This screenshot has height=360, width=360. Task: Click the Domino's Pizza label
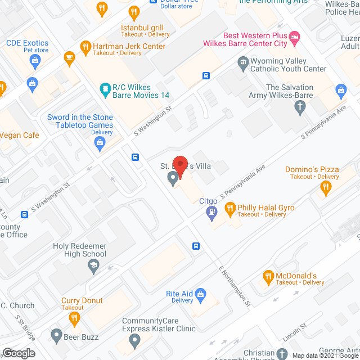312,169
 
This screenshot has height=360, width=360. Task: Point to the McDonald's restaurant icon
268,276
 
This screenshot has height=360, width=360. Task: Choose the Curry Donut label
82,300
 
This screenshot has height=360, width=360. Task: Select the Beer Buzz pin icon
56,335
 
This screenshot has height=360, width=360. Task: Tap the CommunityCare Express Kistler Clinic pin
134,340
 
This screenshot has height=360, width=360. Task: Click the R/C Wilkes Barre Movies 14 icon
105,88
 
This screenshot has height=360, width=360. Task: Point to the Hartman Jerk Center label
129,46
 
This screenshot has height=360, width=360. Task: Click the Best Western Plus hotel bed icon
294,38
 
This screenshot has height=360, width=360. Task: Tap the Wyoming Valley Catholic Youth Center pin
243,61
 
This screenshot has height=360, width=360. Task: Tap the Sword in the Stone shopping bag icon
100,143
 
